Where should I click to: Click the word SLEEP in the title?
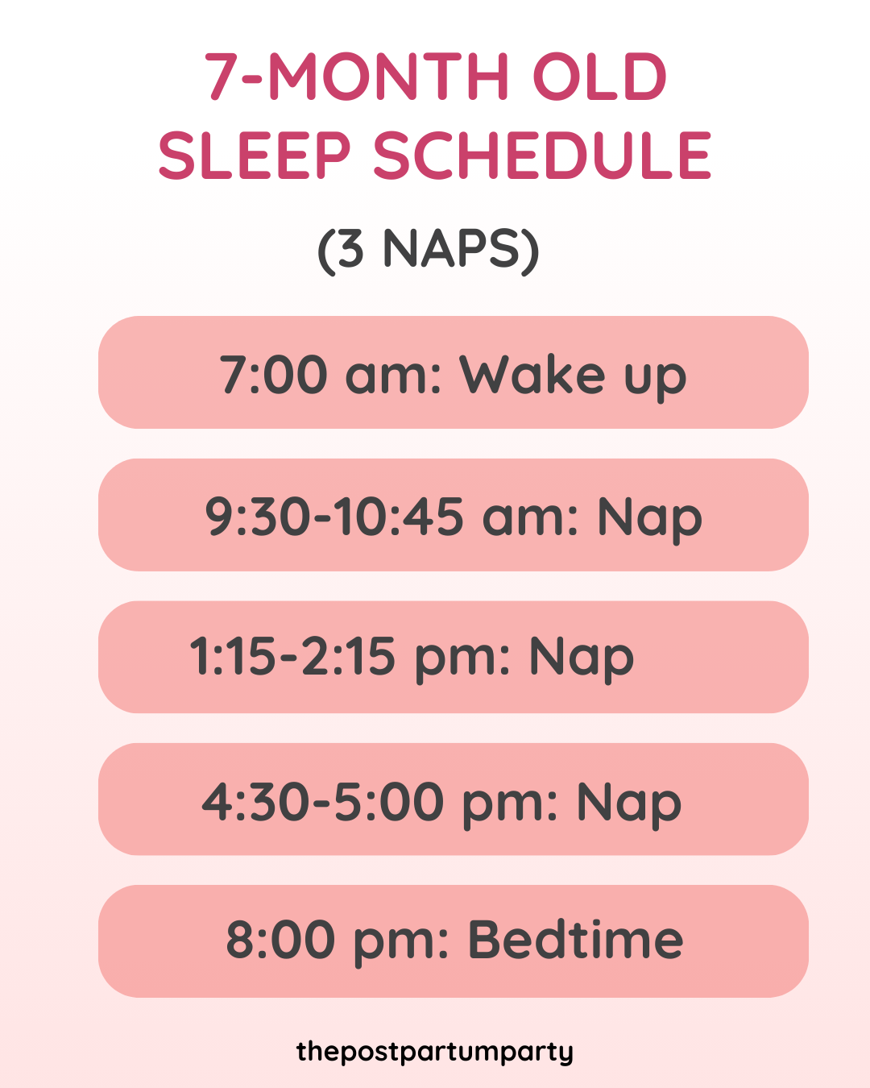tap(255, 156)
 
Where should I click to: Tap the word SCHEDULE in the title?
tap(542, 156)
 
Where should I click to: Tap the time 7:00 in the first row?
tap(274, 374)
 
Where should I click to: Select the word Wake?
tap(532, 374)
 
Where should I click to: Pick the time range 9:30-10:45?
tap(334, 516)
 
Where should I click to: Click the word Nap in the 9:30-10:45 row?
tap(649, 517)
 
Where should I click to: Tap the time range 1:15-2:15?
tap(292, 656)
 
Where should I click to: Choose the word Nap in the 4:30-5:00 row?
tap(629, 803)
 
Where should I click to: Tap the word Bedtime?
tap(575, 940)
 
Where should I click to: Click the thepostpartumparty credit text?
tap(435, 1052)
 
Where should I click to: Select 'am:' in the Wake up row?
tap(394, 376)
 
